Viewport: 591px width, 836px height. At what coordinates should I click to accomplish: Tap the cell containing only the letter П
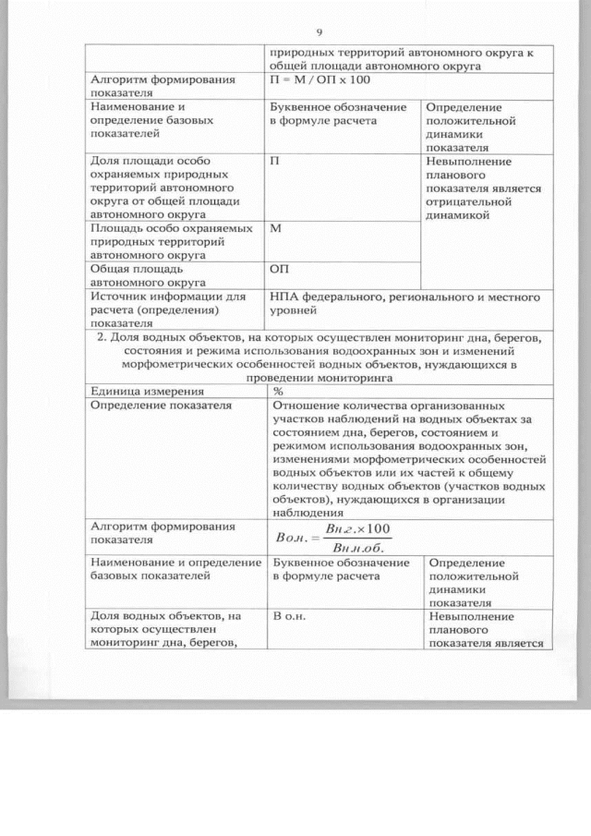(x=274, y=160)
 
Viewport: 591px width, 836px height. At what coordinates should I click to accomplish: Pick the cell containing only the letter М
(x=275, y=227)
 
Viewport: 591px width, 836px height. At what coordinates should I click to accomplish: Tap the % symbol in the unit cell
(x=278, y=391)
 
